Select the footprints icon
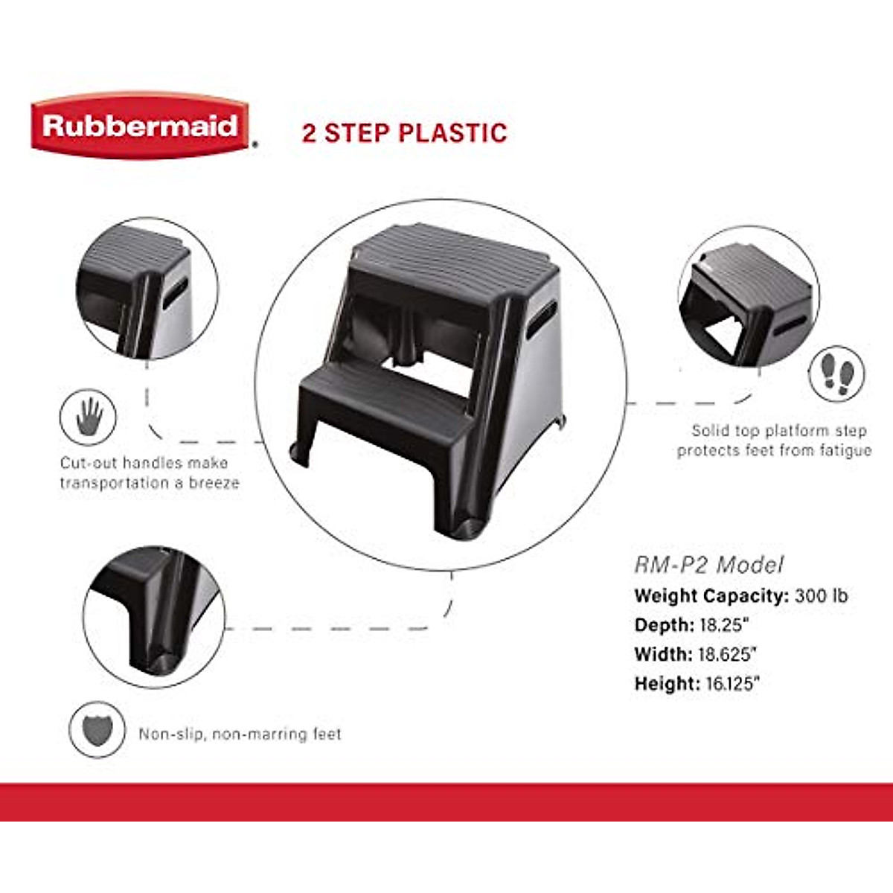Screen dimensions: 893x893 (837, 374)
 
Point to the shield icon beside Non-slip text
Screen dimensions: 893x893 (97, 730)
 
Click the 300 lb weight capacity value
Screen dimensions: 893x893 (821, 596)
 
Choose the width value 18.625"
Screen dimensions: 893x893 (727, 654)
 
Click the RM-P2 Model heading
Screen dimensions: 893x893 (708, 565)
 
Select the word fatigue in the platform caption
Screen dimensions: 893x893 (845, 450)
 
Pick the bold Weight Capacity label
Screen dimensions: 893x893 (710, 596)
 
